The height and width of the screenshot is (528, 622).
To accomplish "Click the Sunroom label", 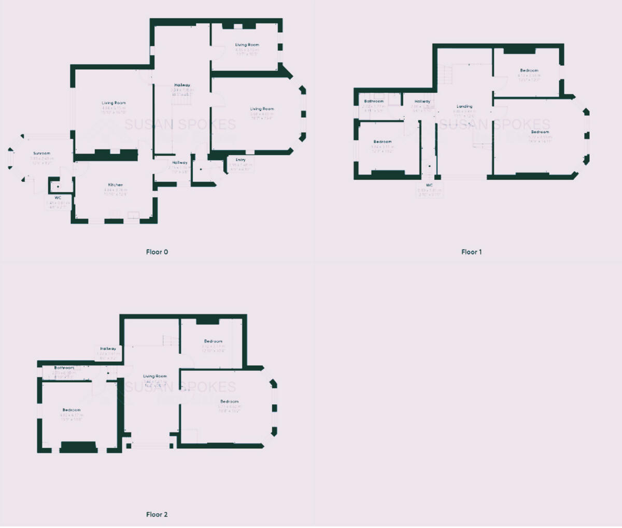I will [x=42, y=153].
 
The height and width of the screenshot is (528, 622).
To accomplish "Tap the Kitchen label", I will [x=115, y=185].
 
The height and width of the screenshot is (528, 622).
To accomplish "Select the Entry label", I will [x=241, y=160].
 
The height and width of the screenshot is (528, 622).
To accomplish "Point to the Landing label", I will [x=464, y=107].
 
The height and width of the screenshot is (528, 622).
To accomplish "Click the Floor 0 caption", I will [x=157, y=252].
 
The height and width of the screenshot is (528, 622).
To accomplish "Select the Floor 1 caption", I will [x=471, y=252].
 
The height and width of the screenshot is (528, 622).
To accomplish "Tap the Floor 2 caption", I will [x=157, y=515].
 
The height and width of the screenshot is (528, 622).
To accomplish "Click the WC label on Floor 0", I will [x=58, y=198].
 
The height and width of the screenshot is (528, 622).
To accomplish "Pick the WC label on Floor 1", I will [x=429, y=185].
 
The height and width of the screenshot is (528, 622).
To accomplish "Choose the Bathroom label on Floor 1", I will [x=374, y=101].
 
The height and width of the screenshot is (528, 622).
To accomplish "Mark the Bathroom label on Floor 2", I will [x=65, y=367].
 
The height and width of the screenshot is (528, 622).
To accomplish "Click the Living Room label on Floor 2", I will [x=155, y=376].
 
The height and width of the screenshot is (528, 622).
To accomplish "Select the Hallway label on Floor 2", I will [x=108, y=349].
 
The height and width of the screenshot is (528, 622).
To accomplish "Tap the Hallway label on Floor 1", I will [x=422, y=102].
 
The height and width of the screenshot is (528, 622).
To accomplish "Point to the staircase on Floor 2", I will [x=168, y=340].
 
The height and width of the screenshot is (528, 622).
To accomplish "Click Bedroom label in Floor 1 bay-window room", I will [x=540, y=132].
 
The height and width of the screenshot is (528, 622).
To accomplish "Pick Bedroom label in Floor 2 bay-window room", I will [x=229, y=402].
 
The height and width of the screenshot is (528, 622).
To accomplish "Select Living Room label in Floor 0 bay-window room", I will [x=262, y=109].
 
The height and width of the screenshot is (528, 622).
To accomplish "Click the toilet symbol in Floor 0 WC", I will [x=57, y=185].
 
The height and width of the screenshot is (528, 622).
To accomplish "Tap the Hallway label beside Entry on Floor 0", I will [x=180, y=162].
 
